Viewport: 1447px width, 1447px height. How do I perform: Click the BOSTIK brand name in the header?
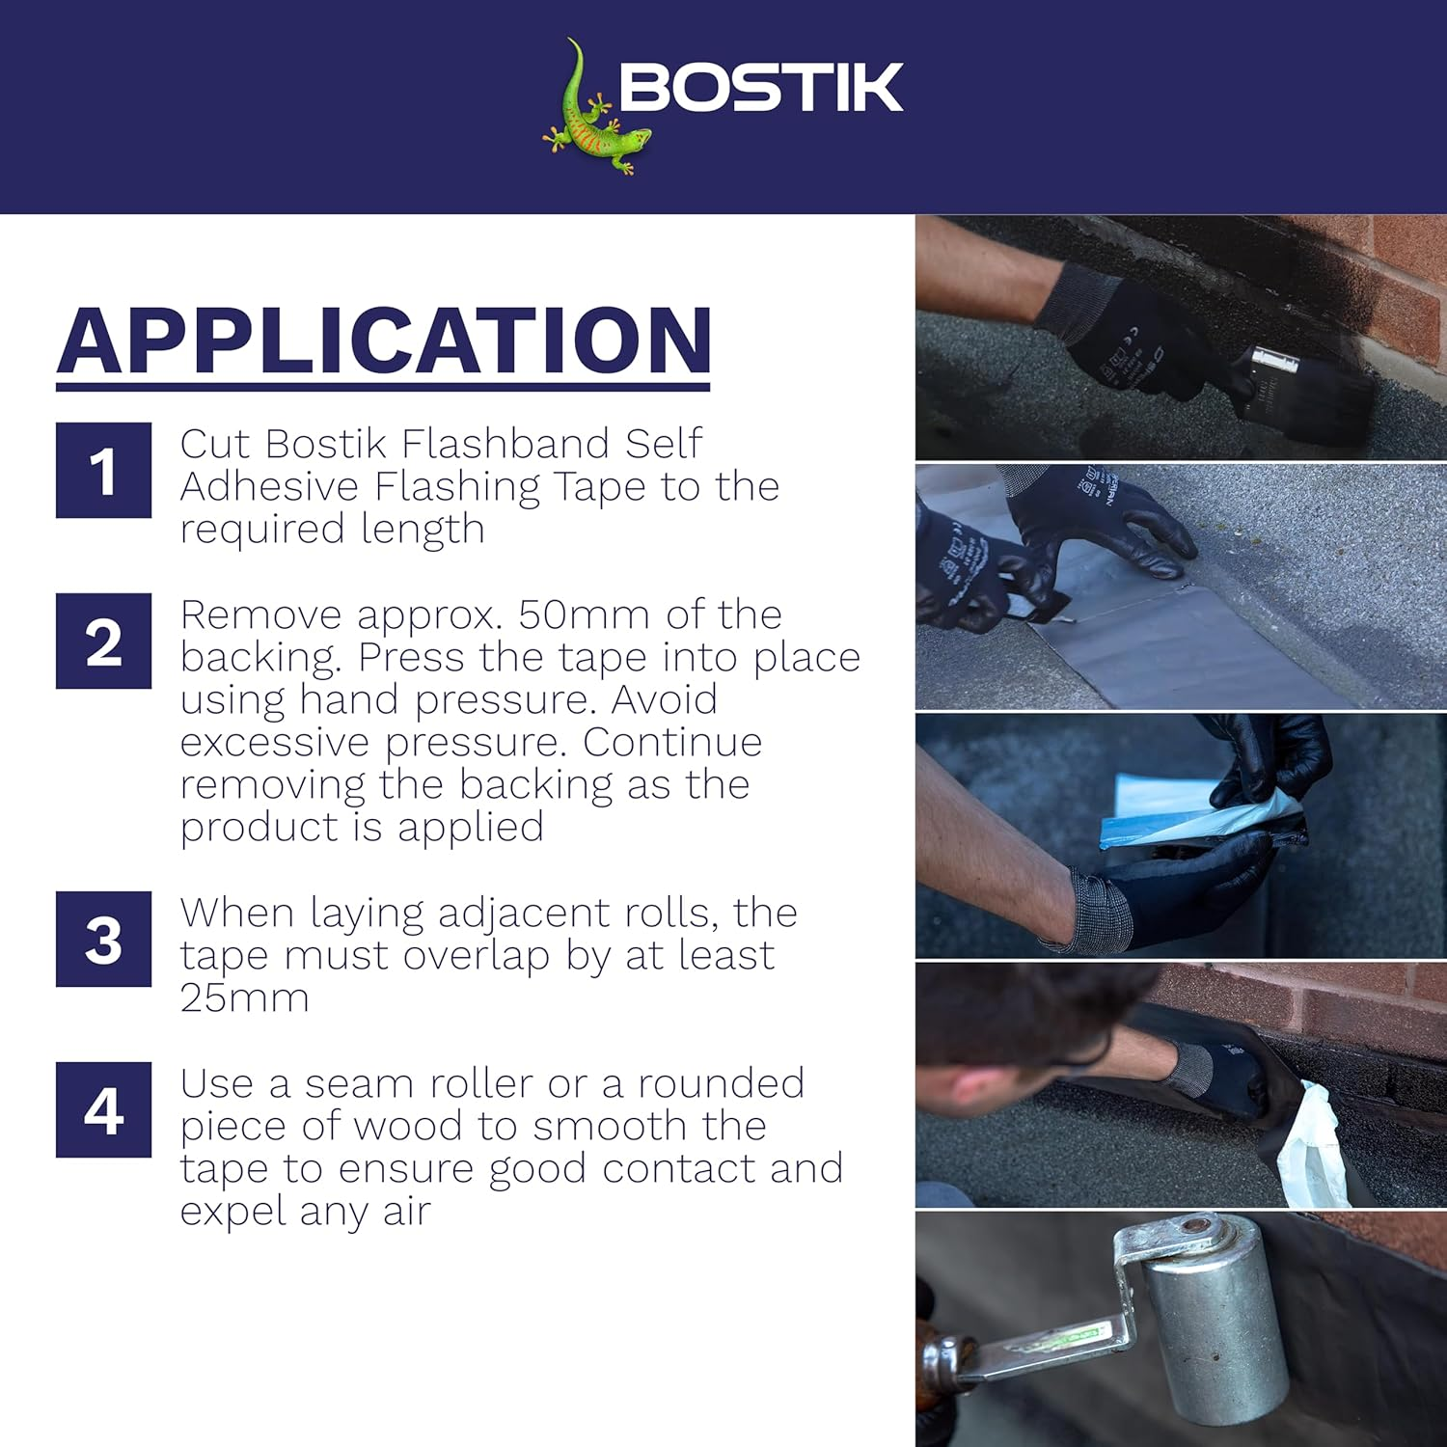point(760,88)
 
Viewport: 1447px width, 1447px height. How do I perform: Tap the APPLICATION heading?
point(384,341)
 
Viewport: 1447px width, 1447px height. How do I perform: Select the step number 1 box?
point(103,471)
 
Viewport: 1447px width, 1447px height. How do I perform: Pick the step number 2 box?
point(103,642)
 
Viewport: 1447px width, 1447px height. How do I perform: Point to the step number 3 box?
point(103,940)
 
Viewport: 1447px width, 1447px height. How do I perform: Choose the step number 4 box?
point(103,1110)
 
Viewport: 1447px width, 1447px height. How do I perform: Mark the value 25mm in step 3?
point(244,997)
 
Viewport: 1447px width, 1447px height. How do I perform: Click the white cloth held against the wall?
point(1312,1148)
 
